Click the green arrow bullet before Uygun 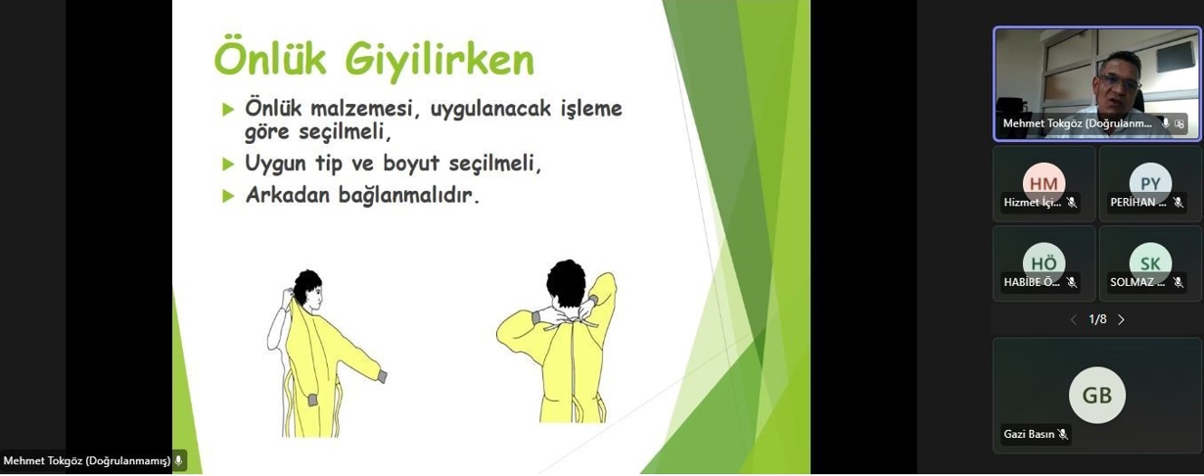tap(228, 164)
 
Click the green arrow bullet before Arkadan tap(228, 195)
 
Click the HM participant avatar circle tap(1043, 182)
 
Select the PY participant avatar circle tap(1150, 182)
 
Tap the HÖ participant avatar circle tap(1043, 262)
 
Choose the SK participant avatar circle tap(1150, 262)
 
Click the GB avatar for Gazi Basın tap(1096, 395)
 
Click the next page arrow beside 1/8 tap(1122, 319)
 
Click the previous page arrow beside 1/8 tap(1073, 319)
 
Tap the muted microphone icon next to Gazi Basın tap(1062, 434)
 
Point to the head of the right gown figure tap(566, 282)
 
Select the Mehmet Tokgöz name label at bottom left tap(86, 460)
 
